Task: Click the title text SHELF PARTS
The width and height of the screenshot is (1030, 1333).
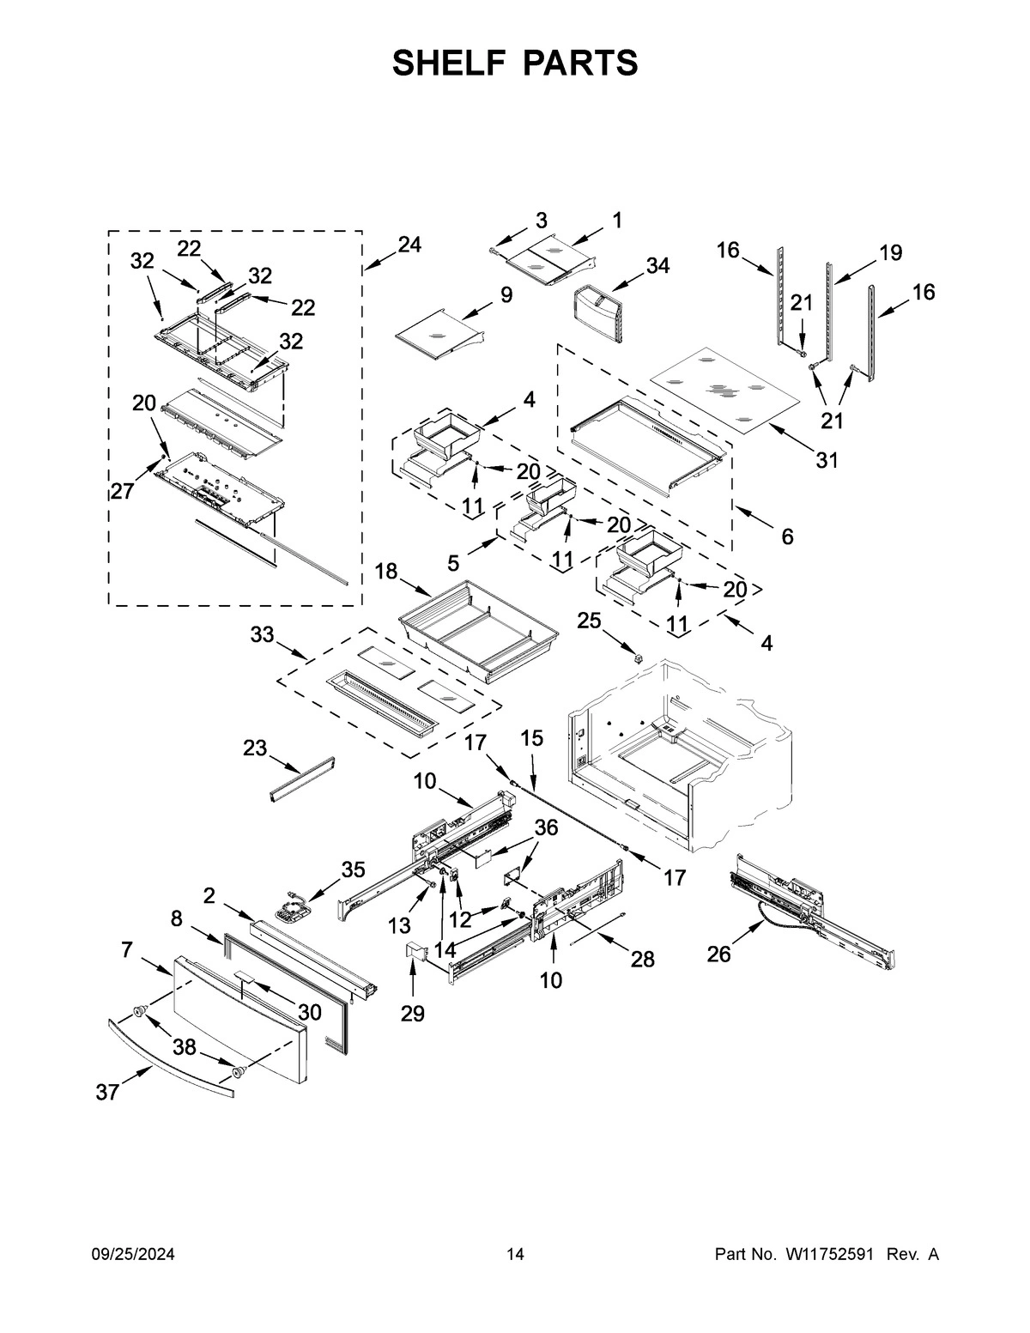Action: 515,63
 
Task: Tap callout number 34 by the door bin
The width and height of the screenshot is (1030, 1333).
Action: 657,265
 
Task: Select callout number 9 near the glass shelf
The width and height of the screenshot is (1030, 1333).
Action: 506,295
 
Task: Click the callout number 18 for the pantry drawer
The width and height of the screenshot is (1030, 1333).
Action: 387,572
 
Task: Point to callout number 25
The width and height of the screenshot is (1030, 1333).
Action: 588,620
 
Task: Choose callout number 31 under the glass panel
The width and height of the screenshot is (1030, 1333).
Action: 826,460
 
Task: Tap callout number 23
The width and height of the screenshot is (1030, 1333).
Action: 255,748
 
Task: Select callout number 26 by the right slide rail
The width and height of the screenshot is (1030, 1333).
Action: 718,954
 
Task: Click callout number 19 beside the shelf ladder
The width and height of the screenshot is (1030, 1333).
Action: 890,252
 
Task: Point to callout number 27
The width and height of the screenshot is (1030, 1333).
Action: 121,491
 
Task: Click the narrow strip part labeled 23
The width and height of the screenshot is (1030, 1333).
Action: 301,779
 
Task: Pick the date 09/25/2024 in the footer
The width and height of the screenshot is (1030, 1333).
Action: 133,1255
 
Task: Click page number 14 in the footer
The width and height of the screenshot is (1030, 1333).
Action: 514,1255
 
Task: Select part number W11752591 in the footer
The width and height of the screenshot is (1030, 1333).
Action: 827,1255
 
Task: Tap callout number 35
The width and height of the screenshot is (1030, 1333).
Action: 353,869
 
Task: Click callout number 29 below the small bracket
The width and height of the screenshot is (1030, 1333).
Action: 412,1014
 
